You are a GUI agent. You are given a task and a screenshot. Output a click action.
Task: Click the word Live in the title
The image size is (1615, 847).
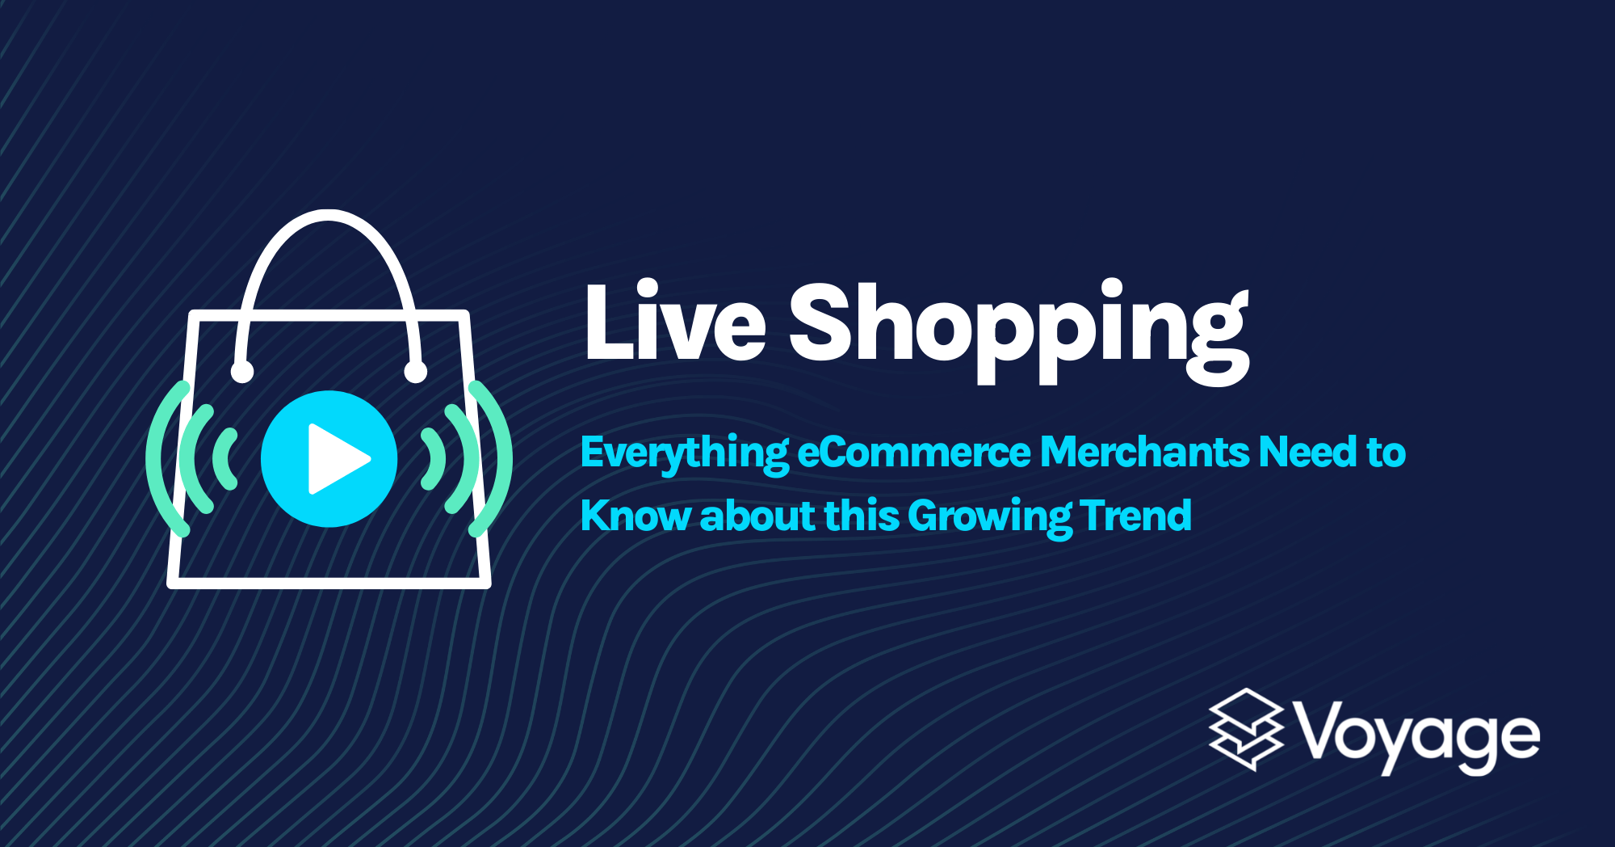tap(674, 323)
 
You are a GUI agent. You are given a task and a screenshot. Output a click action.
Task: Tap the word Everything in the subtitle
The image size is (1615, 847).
tap(684, 453)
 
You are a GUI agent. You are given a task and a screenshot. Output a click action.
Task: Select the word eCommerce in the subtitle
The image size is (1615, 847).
tap(913, 453)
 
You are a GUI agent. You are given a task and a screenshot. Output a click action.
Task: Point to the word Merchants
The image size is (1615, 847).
tap(1143, 453)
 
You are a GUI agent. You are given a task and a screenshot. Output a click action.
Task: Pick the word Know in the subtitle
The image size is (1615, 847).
tap(634, 516)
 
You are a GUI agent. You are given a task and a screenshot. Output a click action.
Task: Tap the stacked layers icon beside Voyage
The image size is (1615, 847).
tap(1246, 730)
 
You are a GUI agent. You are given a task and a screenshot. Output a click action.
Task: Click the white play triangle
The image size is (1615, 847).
tap(335, 459)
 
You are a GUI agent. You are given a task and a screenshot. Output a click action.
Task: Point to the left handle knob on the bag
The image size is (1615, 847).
tap(242, 372)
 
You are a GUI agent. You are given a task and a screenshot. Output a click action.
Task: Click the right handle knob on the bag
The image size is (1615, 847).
tap(415, 372)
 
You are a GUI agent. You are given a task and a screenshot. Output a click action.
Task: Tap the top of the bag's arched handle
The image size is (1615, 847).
tap(328, 215)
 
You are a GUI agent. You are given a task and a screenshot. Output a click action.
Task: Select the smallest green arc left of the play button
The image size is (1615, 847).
tap(224, 459)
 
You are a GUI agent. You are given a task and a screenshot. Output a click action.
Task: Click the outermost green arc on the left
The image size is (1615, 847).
tap(156, 459)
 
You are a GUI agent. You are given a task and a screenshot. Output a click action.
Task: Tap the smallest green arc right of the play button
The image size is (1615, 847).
tap(437, 459)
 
